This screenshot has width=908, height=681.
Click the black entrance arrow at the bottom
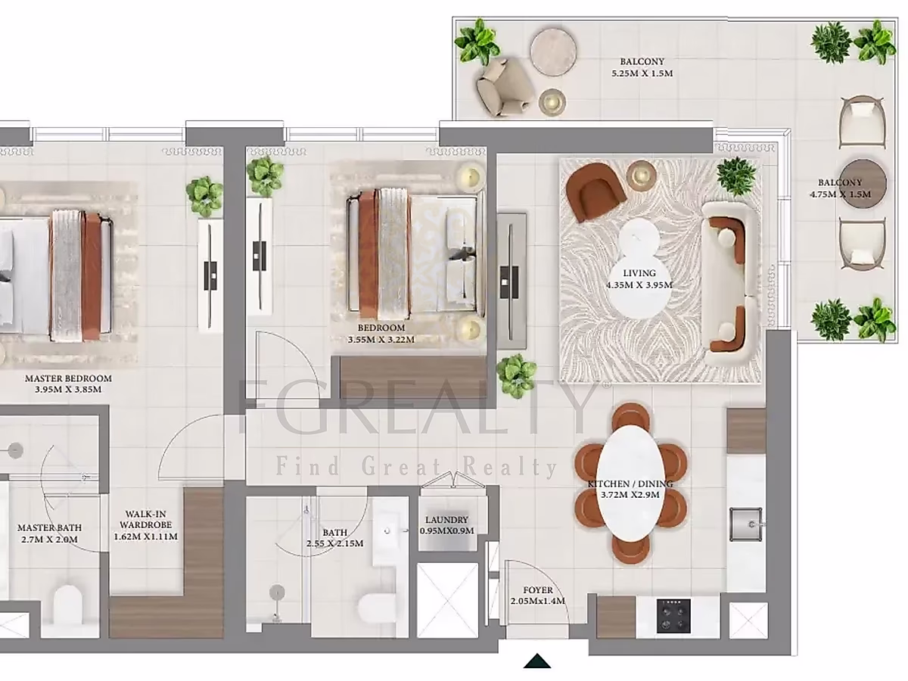(537, 661)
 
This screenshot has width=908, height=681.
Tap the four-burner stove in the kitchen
(673, 616)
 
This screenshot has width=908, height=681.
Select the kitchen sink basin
(745, 524)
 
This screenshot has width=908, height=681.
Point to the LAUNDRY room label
(446, 520)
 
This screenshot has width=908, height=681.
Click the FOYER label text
(538, 590)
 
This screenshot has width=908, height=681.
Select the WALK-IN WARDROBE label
(145, 519)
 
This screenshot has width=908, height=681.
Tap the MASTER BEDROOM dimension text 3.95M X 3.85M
(68, 390)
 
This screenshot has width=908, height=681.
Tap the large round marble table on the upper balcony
(553, 51)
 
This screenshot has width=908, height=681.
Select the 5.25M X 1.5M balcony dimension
(642, 73)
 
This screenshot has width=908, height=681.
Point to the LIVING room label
(639, 273)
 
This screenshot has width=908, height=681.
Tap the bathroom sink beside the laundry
(390, 531)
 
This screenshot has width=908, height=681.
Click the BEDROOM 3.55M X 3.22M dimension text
(381, 340)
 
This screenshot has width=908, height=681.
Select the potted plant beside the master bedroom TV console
(204, 196)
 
